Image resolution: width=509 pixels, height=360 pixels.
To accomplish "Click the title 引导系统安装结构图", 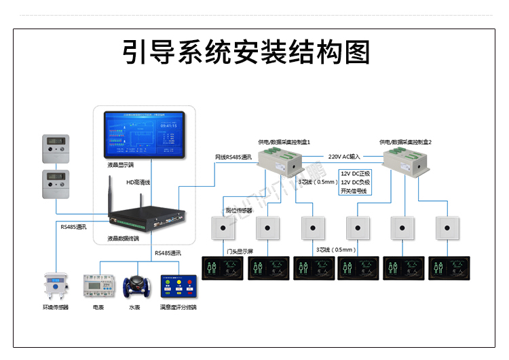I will (246, 52).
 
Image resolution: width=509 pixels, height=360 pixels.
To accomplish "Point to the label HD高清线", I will (138, 182).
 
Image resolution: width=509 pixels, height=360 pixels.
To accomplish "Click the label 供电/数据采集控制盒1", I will (284, 142).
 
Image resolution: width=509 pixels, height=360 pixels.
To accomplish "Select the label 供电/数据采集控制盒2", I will (405, 142).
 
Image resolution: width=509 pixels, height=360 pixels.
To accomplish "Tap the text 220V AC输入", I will (345, 156).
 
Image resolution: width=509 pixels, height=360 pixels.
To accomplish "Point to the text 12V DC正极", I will (356, 173).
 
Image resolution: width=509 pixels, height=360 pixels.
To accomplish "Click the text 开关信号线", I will (353, 191).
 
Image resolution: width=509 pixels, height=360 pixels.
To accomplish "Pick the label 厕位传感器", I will (239, 211).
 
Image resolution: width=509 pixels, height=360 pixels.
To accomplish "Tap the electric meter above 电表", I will (96, 286).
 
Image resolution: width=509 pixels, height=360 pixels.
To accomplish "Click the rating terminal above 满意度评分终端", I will (178, 287).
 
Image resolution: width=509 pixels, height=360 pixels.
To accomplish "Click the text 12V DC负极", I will (356, 182).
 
